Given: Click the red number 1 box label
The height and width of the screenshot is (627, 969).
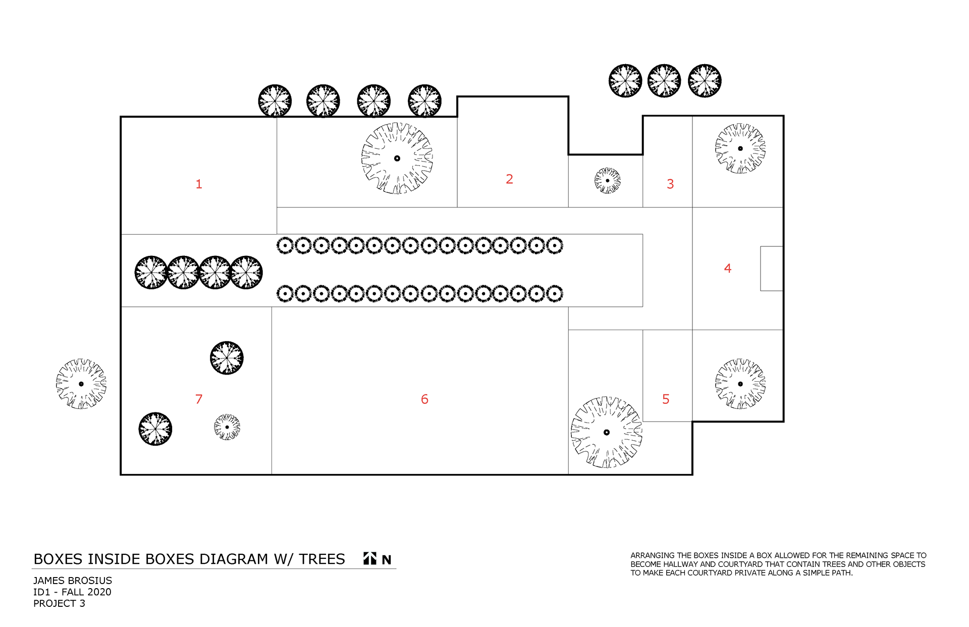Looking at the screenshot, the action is click(199, 184).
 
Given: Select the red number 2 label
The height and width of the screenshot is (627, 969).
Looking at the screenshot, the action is click(509, 179).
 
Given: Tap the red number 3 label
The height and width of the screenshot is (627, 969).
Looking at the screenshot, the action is click(670, 184).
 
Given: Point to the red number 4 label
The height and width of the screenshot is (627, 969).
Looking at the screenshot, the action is click(727, 269).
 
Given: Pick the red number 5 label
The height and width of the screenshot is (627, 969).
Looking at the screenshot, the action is click(666, 399).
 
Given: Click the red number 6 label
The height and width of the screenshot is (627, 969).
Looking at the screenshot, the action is click(424, 399).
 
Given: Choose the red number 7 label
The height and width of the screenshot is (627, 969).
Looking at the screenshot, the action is click(199, 399).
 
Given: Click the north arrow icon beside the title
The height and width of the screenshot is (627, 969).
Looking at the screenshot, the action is click(370, 558).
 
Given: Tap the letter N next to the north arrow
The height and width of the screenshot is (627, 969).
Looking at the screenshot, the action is click(387, 559).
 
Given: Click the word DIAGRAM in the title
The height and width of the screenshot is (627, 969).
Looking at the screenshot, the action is click(234, 559).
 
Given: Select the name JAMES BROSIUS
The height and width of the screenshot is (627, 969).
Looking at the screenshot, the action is click(73, 581).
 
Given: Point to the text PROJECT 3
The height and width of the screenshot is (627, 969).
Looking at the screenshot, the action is click(59, 603).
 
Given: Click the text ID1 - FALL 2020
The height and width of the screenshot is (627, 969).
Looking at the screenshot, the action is click(72, 592).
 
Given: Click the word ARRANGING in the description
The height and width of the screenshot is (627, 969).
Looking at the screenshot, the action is click(652, 555).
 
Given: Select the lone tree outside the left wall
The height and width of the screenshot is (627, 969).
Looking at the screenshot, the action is click(81, 384).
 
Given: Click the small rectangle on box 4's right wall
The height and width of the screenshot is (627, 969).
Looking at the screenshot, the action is click(771, 269).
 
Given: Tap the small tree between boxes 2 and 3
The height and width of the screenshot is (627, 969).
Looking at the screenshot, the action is click(607, 180).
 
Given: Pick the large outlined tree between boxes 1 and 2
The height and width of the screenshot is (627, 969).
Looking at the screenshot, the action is click(397, 159).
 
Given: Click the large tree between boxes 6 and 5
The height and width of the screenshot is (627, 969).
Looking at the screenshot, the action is click(606, 432).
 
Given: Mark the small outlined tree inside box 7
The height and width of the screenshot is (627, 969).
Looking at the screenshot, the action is click(227, 427).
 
